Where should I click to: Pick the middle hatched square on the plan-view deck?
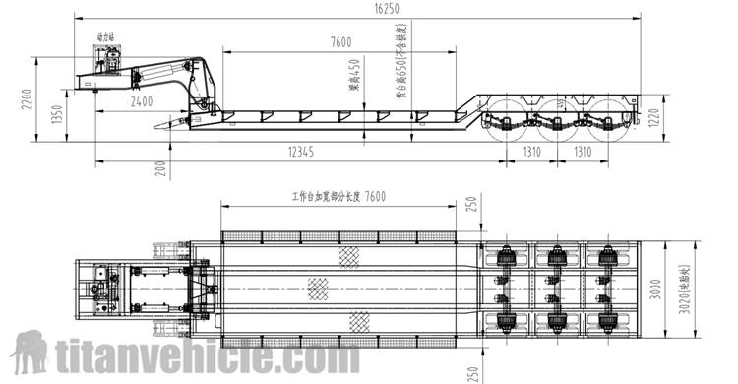318,288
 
